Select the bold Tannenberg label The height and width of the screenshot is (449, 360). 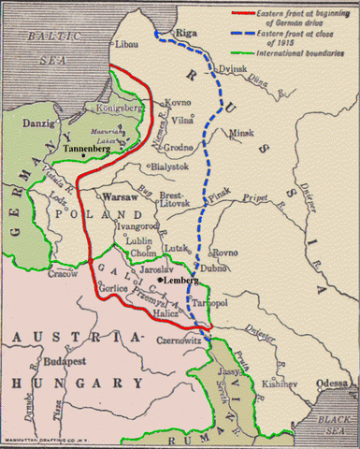(89, 150)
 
